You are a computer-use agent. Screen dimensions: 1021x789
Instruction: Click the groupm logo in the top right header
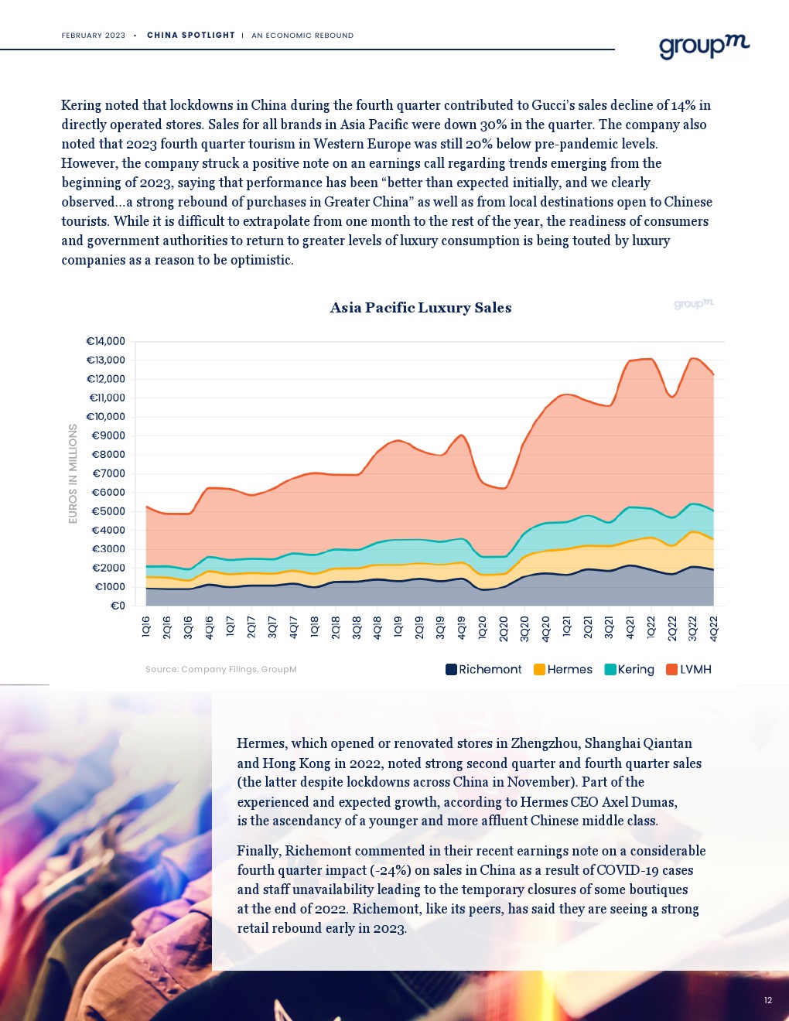(x=704, y=46)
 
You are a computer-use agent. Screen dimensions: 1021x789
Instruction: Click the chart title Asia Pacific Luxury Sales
(x=420, y=308)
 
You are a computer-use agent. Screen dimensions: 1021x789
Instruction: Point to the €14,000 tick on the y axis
(x=105, y=341)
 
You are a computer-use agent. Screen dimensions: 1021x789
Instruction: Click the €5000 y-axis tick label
(x=108, y=511)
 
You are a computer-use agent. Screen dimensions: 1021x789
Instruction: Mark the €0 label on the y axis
(x=118, y=606)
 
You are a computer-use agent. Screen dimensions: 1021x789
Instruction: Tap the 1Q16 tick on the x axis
(x=146, y=627)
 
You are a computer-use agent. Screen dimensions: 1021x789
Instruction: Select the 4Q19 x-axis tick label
(x=462, y=627)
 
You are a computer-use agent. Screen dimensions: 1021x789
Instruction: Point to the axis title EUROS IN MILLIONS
(x=73, y=473)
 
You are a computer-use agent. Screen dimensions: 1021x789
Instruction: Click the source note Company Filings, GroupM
(x=220, y=670)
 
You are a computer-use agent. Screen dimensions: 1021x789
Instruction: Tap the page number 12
(x=768, y=1000)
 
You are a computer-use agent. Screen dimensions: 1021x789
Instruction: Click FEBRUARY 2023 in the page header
(x=94, y=36)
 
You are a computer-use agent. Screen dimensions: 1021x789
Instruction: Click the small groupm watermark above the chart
(x=693, y=304)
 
